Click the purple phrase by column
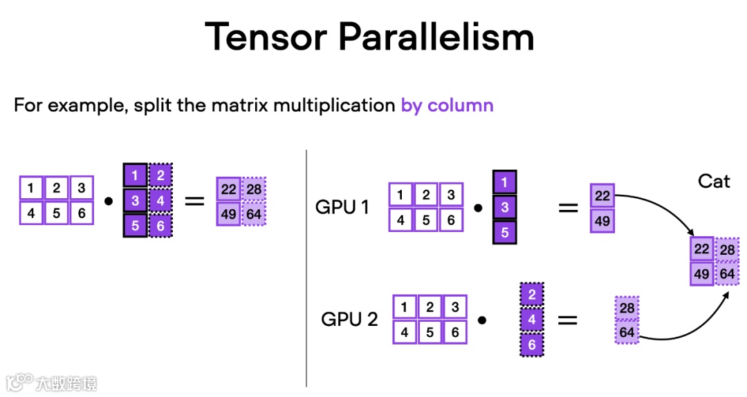pos(447,106)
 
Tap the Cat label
pos(714,181)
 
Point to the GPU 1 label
pos(342,206)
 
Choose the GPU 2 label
pos(349,319)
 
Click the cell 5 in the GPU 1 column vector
pos(504,233)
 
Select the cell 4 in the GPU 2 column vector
pos(531,320)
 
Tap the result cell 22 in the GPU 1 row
pos(602,196)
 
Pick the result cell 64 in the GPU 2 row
pos(627,333)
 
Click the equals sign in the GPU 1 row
pos(568,207)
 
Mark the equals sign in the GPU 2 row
pos(567,320)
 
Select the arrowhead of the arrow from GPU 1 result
pos(691,233)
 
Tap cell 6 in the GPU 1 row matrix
pos(451,220)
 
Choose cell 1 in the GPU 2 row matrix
pos(405,307)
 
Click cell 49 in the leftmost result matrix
pos(228,213)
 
